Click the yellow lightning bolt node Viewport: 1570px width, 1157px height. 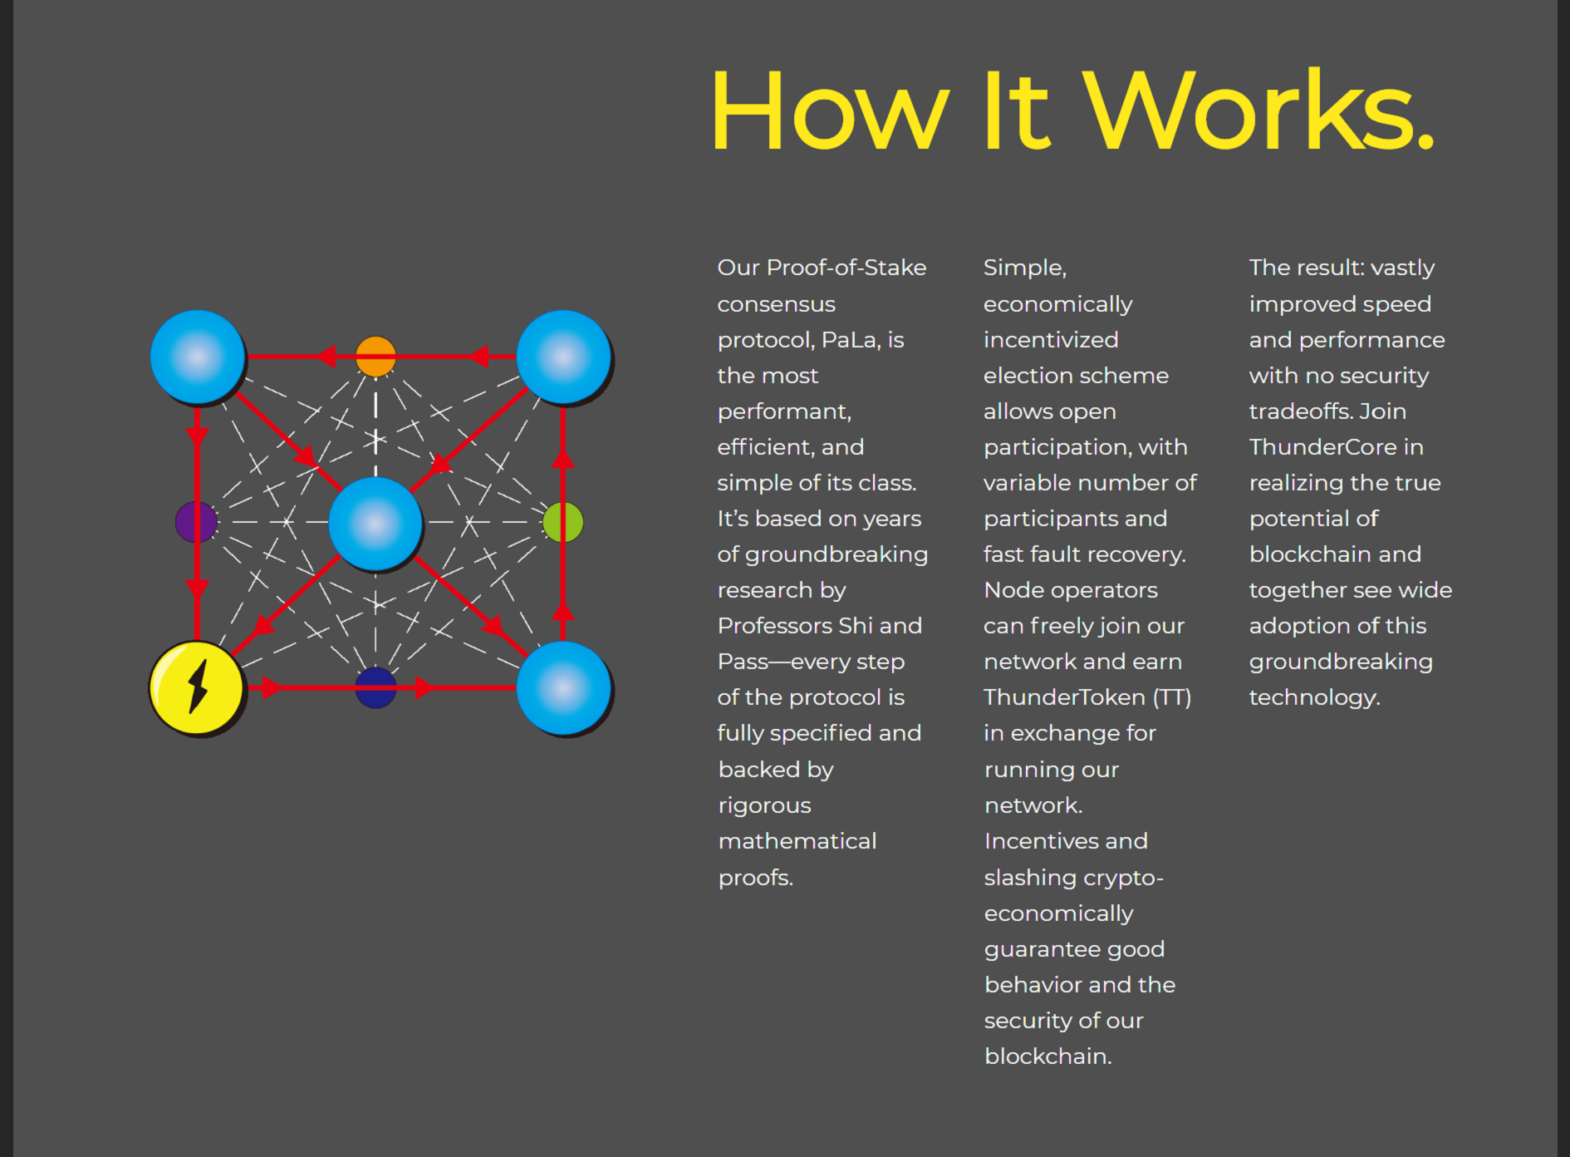[x=197, y=688]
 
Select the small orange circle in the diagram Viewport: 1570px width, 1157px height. [x=375, y=357]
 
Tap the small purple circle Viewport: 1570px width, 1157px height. [x=197, y=522]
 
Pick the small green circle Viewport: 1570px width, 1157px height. [x=563, y=522]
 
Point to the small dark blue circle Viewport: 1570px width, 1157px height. [x=375, y=687]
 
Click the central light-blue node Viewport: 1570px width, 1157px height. [x=375, y=524]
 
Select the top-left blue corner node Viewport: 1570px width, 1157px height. [x=198, y=357]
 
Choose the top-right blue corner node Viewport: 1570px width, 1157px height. [x=564, y=357]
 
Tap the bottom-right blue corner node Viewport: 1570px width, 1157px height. [x=564, y=688]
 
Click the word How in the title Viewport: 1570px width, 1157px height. [x=829, y=111]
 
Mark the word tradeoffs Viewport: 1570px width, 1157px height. [x=1301, y=411]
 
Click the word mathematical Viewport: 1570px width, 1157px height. [x=797, y=841]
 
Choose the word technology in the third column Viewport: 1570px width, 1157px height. [x=1314, y=698]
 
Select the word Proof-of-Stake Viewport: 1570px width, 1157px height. [x=846, y=268]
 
